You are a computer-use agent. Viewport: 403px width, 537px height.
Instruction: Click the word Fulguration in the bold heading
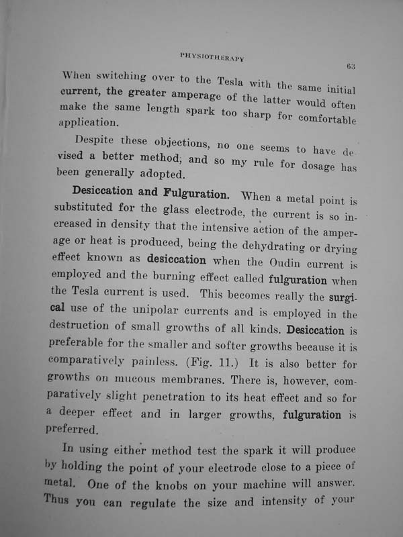(196, 195)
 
